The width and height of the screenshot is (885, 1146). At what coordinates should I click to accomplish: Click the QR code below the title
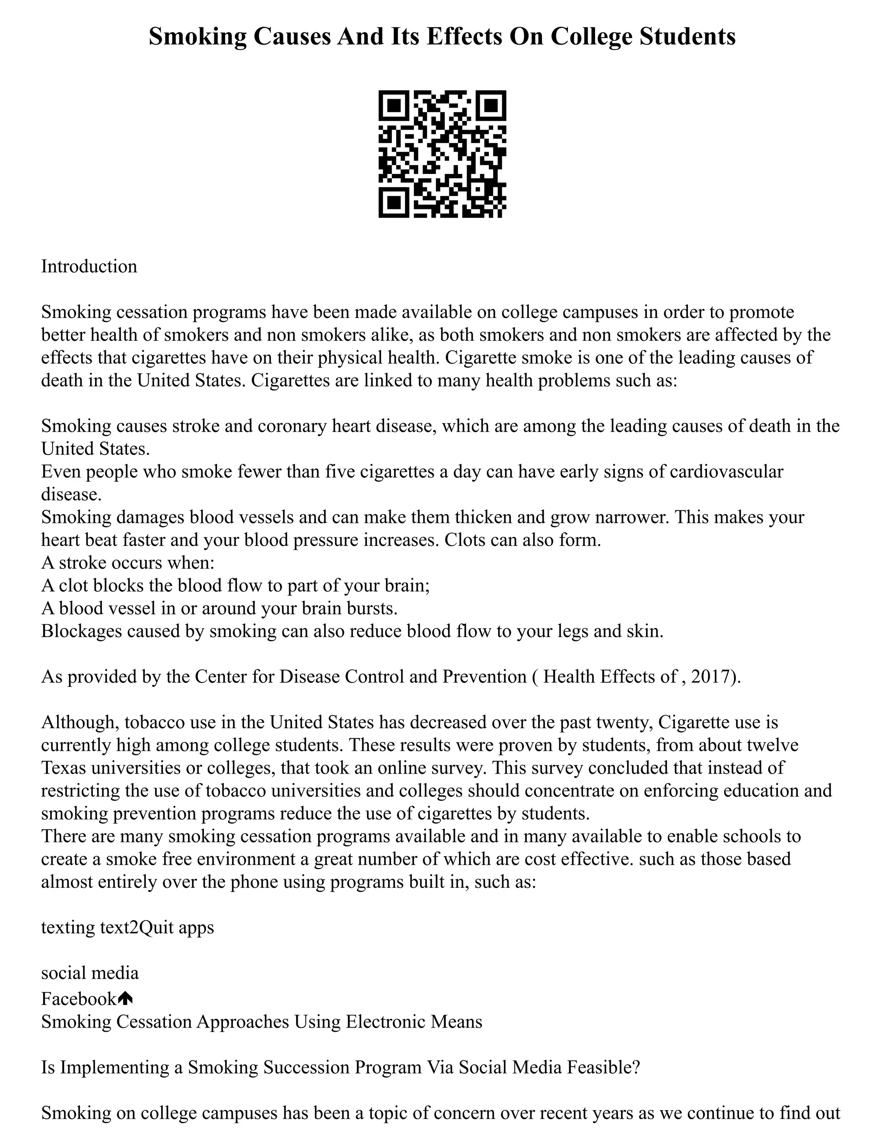point(442,154)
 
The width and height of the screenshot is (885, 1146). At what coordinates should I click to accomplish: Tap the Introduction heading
point(89,266)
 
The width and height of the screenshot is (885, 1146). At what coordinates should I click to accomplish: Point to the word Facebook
point(79,999)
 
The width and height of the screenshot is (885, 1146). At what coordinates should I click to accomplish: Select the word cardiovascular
point(727,471)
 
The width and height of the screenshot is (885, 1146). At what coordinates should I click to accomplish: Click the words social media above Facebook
point(89,973)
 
